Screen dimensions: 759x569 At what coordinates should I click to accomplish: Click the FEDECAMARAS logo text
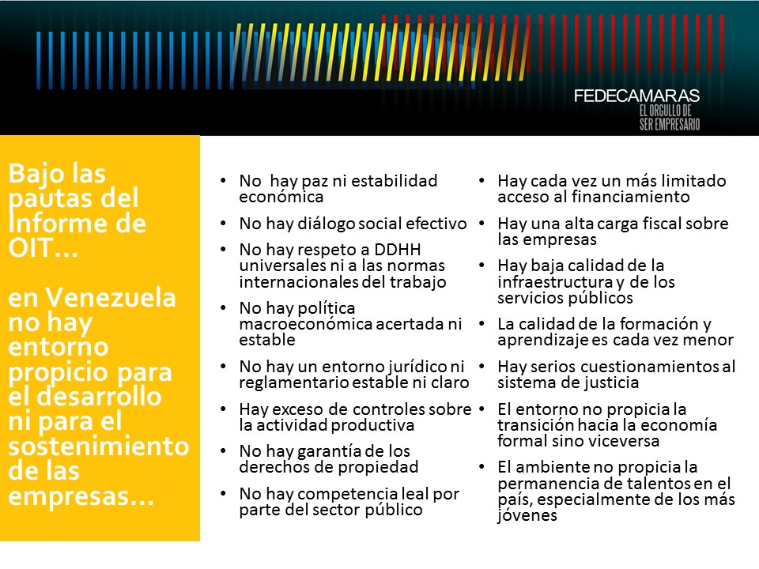(636, 96)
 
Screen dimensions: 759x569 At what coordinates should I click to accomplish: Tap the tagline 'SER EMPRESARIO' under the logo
(670, 124)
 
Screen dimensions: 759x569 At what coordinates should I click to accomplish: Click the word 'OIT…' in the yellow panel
(43, 248)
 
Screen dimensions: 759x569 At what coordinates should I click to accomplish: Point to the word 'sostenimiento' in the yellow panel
(98, 446)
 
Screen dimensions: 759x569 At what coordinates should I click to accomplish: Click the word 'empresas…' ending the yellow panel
(81, 496)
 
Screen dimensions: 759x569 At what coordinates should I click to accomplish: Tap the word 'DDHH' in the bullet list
(398, 249)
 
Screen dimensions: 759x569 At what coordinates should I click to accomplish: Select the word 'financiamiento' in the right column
(631, 197)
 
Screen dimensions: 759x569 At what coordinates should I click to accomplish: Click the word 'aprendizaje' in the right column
(542, 341)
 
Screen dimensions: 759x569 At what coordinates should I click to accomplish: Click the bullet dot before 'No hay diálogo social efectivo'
(223, 224)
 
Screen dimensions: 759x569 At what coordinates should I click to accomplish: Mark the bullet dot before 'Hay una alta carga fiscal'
(481, 224)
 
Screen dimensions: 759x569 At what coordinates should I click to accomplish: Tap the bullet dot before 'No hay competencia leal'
(223, 493)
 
